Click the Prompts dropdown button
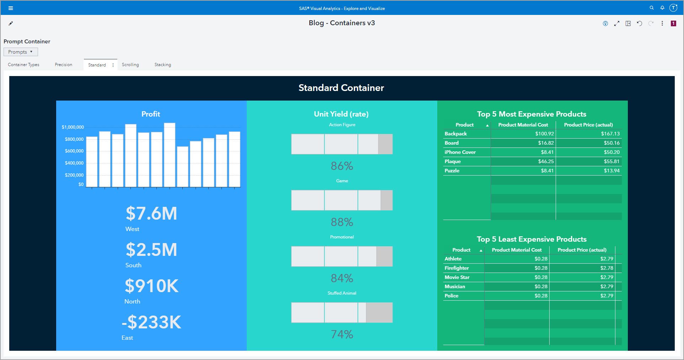tap(21, 52)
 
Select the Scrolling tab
tap(130, 65)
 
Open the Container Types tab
tap(23, 65)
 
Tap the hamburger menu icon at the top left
tap(11, 8)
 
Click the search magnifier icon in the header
tap(652, 8)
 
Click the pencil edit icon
tap(11, 23)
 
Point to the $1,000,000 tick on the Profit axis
tap(73, 127)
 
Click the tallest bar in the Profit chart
tap(170, 155)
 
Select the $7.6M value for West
tap(151, 214)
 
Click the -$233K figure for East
tap(151, 322)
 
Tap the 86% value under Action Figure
tap(342, 166)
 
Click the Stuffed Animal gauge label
tap(342, 293)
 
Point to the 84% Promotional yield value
tap(342, 278)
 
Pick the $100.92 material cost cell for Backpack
tap(544, 134)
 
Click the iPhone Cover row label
tap(460, 152)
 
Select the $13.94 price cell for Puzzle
tap(611, 171)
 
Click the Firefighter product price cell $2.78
tap(606, 268)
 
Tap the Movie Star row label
tap(457, 277)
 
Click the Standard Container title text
tap(341, 88)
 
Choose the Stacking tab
tap(162, 65)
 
